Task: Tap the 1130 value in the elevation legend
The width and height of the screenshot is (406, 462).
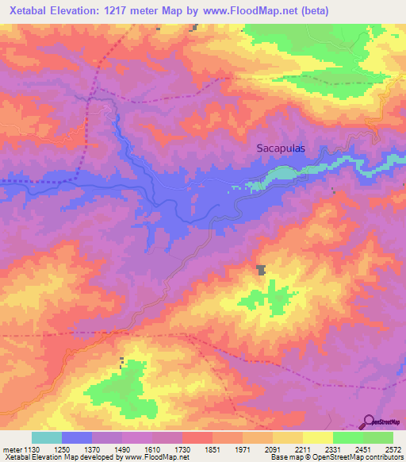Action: click(x=31, y=449)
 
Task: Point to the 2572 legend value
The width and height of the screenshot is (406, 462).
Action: click(x=393, y=449)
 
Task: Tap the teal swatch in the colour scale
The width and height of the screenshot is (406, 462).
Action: click(x=46, y=437)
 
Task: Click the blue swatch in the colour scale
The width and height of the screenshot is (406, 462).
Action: click(x=77, y=437)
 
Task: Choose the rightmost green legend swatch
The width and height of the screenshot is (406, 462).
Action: click(x=378, y=437)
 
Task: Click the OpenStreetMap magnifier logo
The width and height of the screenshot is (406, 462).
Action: click(x=368, y=422)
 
